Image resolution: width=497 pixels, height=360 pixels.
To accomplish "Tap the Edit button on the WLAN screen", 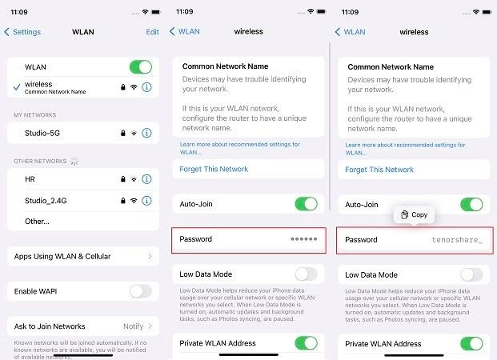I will tap(152, 32).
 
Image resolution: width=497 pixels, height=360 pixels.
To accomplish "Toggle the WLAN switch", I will tap(140, 67).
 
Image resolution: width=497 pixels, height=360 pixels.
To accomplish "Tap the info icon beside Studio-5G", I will tap(146, 133).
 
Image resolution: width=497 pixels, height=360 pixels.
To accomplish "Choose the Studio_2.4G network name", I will tap(46, 199).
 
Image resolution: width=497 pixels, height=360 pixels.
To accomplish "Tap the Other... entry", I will tap(37, 221).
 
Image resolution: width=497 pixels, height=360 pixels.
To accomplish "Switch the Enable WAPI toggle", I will tap(140, 291).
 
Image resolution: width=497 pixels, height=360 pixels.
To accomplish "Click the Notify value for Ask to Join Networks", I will tap(133, 326).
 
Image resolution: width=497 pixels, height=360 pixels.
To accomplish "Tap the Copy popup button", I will tap(414, 214).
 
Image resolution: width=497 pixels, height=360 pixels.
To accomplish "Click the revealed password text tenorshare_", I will tap(457, 240).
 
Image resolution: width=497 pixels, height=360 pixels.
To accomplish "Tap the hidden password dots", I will tap(304, 240).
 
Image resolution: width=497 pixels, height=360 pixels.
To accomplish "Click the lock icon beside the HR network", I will tap(121, 178).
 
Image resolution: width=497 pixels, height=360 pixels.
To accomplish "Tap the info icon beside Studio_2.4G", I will tap(146, 199).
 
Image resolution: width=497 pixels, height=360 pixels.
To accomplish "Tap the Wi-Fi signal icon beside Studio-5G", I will tap(134, 133).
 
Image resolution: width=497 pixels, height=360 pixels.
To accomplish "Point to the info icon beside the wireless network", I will tap(146, 86).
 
